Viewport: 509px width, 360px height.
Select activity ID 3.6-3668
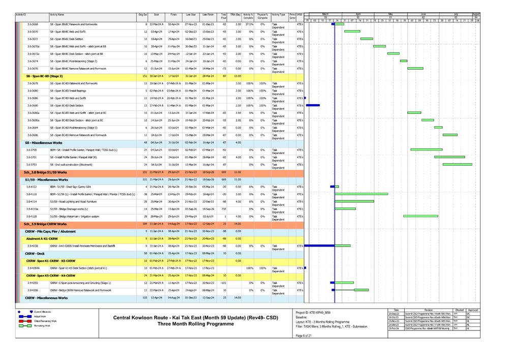click(32, 24)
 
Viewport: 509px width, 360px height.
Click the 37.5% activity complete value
click(249, 24)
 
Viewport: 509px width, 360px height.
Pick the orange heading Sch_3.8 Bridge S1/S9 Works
click(46, 172)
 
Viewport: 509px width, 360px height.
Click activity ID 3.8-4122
click(32, 187)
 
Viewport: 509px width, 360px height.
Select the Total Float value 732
click(223, 209)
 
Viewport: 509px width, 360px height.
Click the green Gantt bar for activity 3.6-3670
click(352, 32)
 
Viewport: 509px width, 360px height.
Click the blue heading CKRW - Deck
click(36, 253)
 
